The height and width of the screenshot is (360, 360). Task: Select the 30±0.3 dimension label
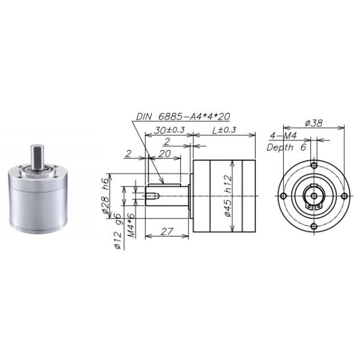[169, 130]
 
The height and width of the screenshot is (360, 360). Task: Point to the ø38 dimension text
[314, 122]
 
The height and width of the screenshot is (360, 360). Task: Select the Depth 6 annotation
[288, 146]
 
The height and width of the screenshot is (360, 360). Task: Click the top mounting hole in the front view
[314, 166]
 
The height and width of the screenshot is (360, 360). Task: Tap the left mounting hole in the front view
[283, 196]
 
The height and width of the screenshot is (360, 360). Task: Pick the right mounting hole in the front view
[344, 196]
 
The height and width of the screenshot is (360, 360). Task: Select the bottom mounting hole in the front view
[314, 226]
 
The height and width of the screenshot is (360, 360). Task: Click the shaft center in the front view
[314, 196]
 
